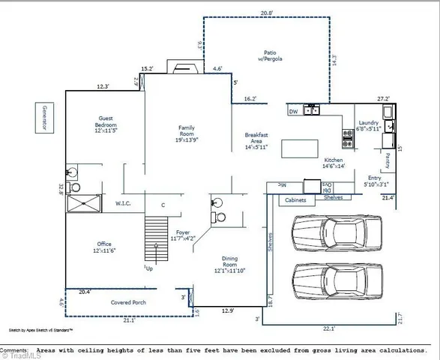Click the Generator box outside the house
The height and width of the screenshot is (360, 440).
[44, 118]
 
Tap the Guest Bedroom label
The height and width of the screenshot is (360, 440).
[106, 127]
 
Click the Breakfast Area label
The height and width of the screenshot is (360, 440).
[258, 141]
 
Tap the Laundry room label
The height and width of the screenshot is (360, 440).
[368, 125]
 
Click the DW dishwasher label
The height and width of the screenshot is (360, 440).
[293, 112]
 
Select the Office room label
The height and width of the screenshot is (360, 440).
[104, 247]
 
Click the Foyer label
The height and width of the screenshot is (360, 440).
[183, 235]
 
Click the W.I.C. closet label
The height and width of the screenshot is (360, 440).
[124, 203]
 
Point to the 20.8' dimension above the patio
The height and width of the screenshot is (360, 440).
[267, 13]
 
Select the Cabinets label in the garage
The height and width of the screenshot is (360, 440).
[297, 200]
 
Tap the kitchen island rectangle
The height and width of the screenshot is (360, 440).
[303, 148]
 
